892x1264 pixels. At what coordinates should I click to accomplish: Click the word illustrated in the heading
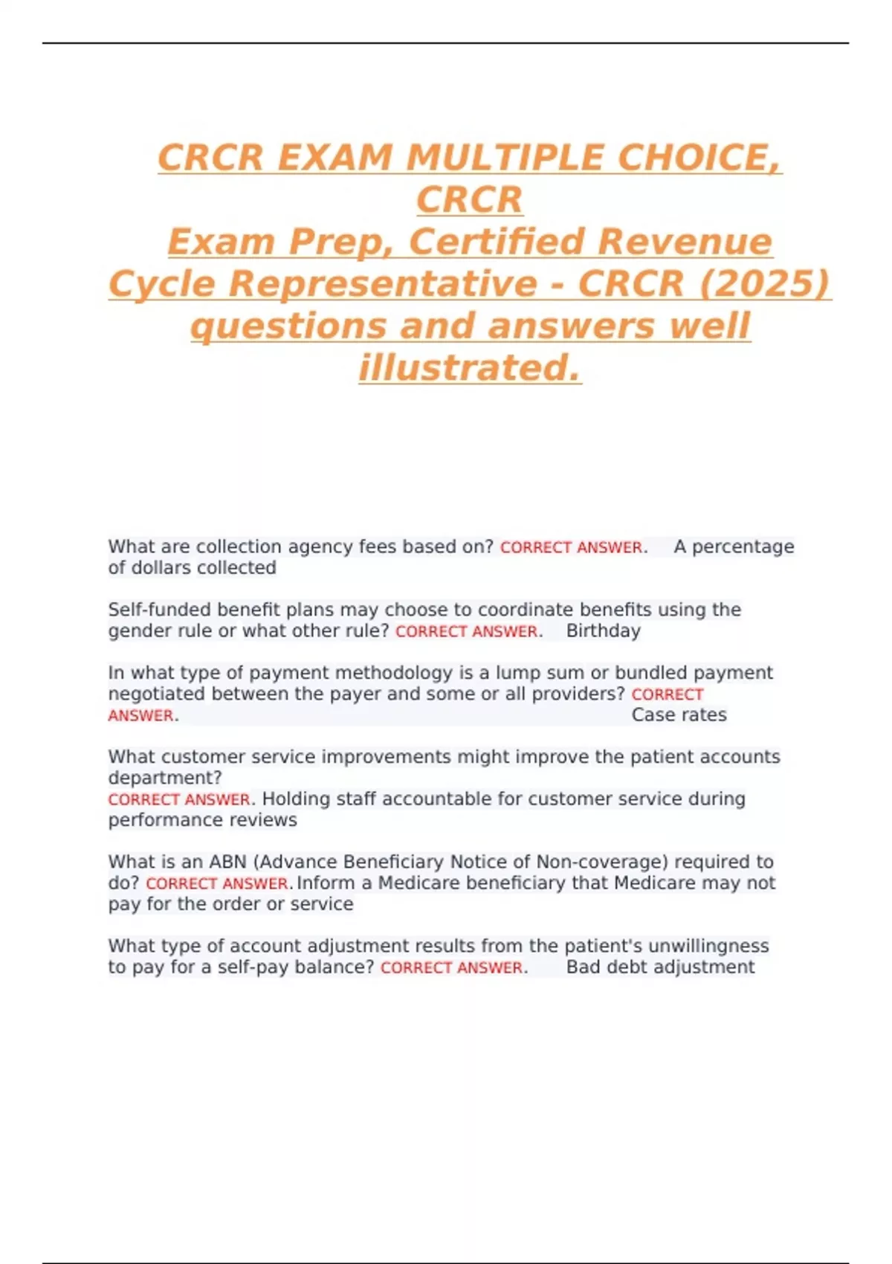tap(469, 367)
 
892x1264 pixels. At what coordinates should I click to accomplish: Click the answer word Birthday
tap(603, 631)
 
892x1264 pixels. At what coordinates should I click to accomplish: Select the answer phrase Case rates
tap(679, 715)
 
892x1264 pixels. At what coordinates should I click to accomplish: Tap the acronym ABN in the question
tap(227, 862)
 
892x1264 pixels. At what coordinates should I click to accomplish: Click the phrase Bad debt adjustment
tap(660, 967)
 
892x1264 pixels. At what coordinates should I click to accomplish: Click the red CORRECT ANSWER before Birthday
tap(466, 632)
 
